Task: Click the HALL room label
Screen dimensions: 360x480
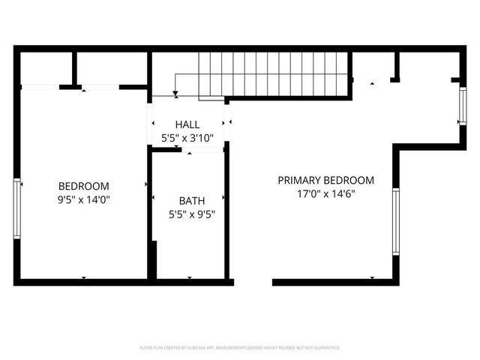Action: point(187,124)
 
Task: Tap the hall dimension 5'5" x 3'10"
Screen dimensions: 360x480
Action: point(187,138)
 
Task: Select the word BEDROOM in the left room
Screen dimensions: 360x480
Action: point(84,186)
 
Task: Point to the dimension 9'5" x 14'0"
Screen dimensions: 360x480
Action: point(84,199)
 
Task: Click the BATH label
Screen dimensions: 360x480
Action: point(191,201)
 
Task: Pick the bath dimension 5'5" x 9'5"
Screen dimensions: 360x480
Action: point(191,214)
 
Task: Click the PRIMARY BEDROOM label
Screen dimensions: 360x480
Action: point(325,180)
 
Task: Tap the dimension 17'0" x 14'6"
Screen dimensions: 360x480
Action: point(325,193)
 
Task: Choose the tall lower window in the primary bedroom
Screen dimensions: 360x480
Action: point(396,221)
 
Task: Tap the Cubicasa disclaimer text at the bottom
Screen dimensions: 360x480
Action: point(240,348)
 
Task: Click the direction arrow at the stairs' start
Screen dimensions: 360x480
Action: point(175,94)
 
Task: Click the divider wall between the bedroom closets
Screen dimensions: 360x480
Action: point(75,69)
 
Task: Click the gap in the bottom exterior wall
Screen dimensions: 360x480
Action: point(253,282)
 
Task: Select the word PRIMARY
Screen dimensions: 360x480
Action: point(299,180)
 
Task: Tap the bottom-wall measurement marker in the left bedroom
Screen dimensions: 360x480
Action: point(84,278)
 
